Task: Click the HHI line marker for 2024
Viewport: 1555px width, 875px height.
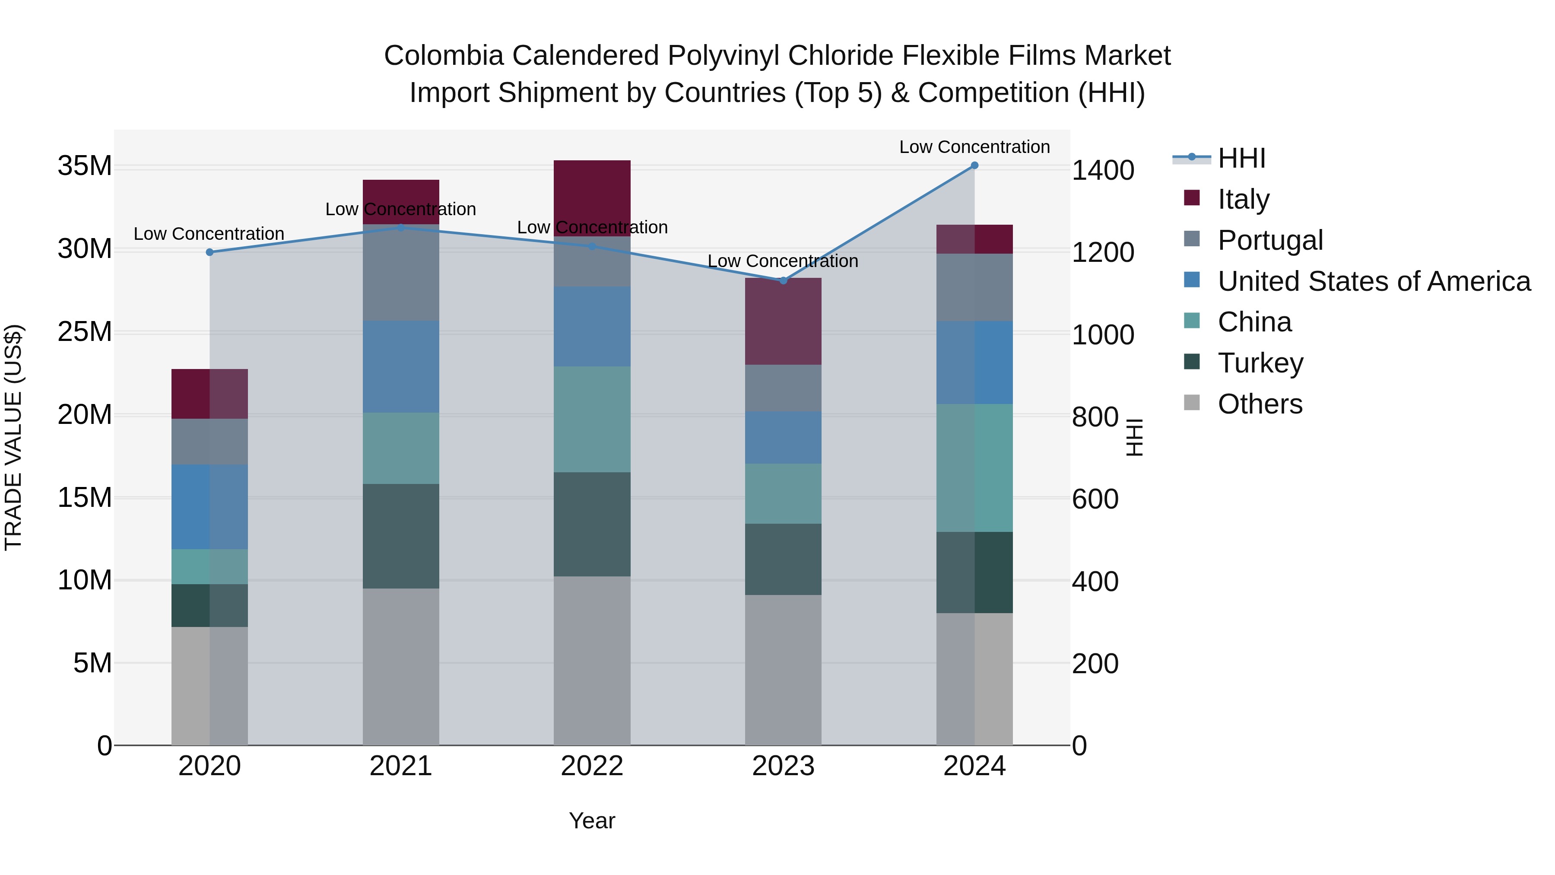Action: click(x=974, y=165)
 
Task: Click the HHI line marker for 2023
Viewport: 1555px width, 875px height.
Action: click(x=784, y=280)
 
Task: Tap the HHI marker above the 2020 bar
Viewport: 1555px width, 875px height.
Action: click(x=209, y=252)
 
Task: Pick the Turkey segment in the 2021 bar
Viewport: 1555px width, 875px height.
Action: click(x=401, y=536)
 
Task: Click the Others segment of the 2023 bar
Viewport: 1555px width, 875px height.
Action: click(x=783, y=670)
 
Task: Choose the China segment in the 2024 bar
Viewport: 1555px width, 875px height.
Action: click(x=974, y=468)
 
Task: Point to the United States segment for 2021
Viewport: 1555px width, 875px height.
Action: click(x=401, y=366)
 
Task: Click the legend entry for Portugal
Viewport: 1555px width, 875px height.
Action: click(x=1270, y=240)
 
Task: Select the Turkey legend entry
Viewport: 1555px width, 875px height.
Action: click(x=1260, y=363)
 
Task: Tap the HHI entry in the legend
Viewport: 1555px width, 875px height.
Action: click(x=1241, y=158)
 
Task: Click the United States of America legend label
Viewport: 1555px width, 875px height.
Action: click(x=1374, y=281)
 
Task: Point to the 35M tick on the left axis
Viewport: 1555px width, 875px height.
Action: click(x=85, y=166)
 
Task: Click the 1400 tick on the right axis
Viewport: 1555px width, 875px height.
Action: click(x=1102, y=170)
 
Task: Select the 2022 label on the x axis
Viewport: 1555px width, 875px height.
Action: click(x=592, y=766)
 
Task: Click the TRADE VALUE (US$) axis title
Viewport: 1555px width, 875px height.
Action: click(x=13, y=437)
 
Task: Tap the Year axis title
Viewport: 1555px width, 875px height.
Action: click(x=592, y=821)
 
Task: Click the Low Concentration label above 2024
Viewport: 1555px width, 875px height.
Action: click(x=974, y=147)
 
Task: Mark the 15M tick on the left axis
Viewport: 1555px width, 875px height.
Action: click(x=85, y=498)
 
